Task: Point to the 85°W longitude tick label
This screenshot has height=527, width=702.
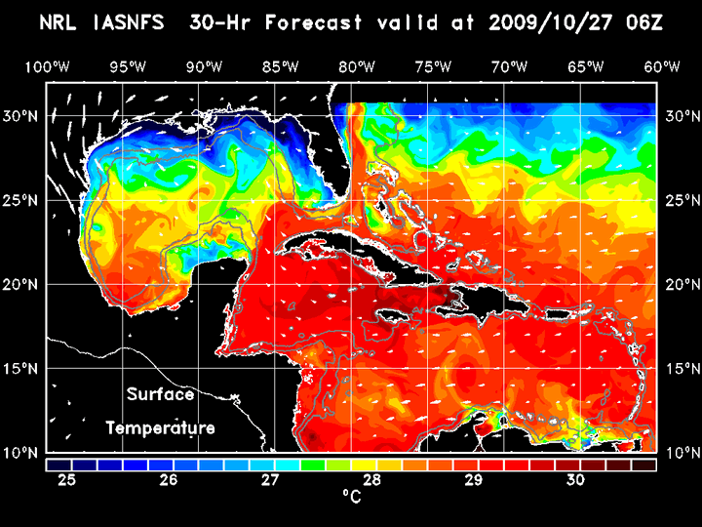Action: (x=280, y=66)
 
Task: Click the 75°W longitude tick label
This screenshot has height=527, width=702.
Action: (x=433, y=66)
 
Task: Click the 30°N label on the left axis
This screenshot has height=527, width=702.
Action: (x=21, y=115)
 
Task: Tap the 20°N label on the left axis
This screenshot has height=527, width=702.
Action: (x=21, y=284)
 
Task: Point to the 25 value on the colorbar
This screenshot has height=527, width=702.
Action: (x=67, y=480)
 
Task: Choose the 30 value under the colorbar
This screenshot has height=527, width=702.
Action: (x=574, y=480)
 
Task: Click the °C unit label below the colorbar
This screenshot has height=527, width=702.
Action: (x=351, y=497)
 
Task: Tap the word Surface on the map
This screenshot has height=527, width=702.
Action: (x=160, y=395)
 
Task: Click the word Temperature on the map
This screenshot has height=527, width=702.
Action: (x=160, y=427)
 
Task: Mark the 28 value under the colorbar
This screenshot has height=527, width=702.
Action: (x=371, y=480)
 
